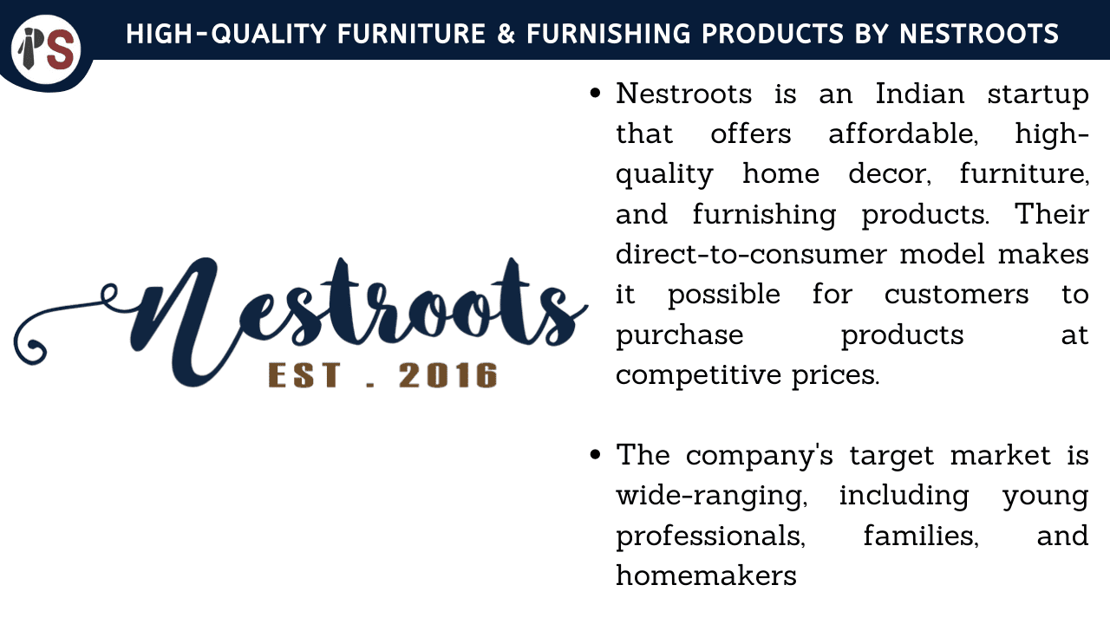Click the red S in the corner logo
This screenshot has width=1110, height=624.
pos(63,49)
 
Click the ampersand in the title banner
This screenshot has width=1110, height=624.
pos(506,34)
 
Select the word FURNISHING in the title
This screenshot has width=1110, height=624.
pos(609,34)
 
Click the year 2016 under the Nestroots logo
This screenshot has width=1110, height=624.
pos(448,375)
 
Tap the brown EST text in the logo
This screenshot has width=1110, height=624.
pos(304,375)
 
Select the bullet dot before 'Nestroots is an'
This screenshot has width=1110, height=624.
pos(595,93)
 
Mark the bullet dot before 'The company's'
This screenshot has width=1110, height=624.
pos(595,454)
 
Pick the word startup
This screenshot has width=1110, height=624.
pos(1038,95)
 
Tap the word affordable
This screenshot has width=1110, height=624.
pos(904,133)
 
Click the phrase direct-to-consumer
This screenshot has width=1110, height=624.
pos(751,254)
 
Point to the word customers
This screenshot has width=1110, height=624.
pos(957,295)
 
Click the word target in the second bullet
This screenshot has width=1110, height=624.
pos(892,456)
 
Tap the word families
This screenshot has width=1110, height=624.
pos(921,536)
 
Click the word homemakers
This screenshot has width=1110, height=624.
pos(706,575)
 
